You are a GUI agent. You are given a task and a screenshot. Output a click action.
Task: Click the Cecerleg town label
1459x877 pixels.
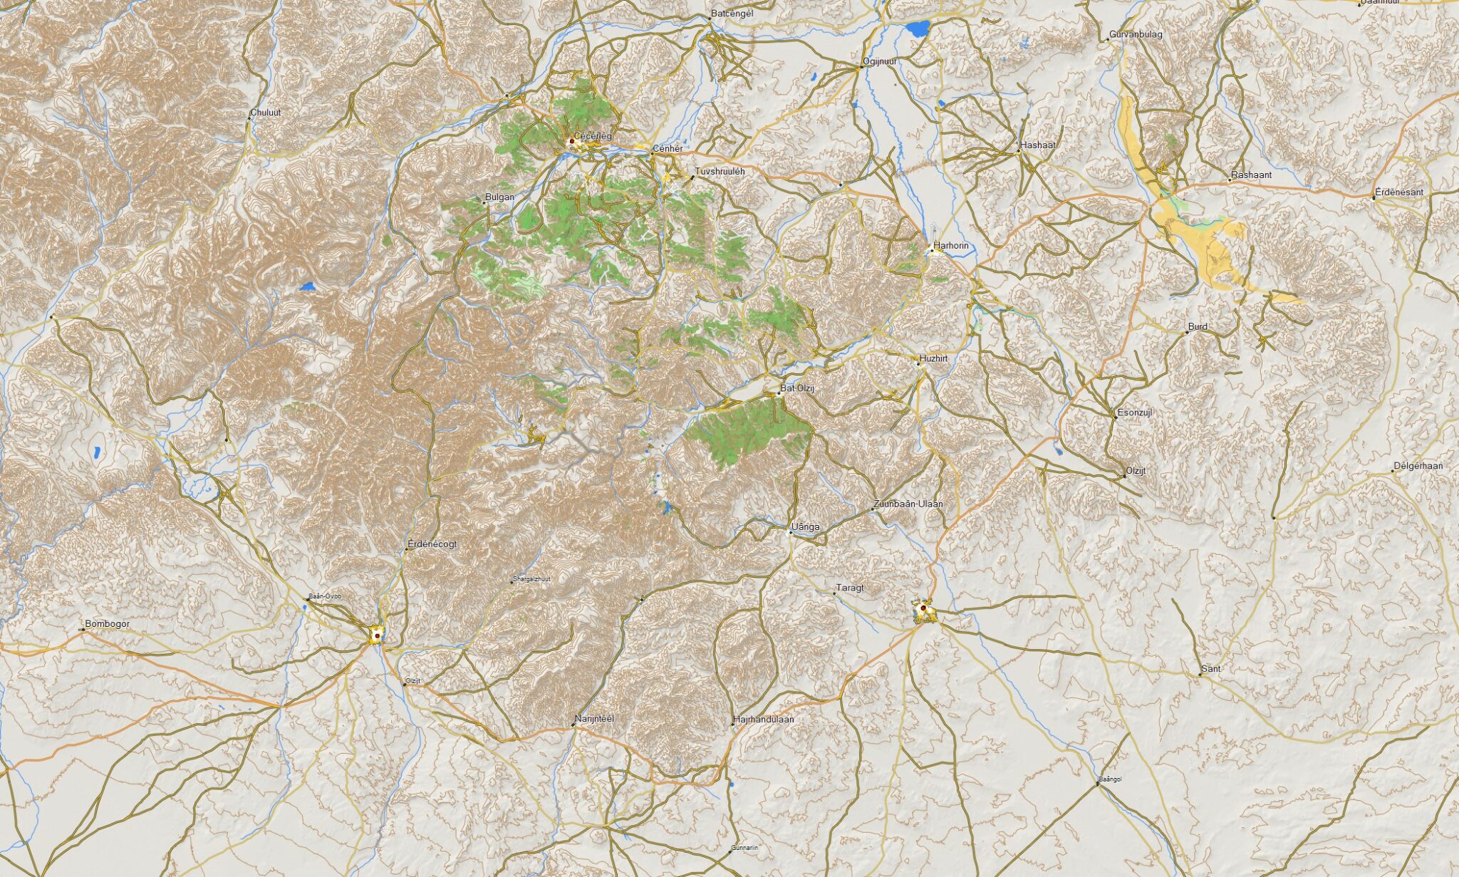pos(593,135)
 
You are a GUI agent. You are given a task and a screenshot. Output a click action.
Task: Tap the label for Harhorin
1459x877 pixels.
pos(951,246)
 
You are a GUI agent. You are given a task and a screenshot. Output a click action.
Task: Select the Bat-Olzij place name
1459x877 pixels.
pos(797,388)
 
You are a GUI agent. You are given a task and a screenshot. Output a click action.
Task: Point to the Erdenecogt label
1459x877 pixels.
pos(432,544)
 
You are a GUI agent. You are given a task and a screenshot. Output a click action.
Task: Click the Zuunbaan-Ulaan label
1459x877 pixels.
pos(908,504)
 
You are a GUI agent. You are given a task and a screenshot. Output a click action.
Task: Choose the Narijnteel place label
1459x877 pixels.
pos(594,719)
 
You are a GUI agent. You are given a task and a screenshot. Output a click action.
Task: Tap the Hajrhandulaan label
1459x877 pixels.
pos(763,720)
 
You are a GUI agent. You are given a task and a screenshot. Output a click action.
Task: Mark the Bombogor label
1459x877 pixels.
pos(108,624)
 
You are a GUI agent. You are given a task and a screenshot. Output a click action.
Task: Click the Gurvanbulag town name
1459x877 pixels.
pos(1136,34)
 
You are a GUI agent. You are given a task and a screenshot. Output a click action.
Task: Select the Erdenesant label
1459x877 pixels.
pos(1399,192)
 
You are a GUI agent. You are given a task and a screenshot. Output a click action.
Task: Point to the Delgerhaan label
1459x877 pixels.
pos(1418,466)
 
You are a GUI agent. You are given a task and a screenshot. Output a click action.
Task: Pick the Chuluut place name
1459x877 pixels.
pos(266,113)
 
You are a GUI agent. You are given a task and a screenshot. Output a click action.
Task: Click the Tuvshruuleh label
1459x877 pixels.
pos(720,172)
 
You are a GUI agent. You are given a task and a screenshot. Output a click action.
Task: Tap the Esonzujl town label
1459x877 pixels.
pos(1135,412)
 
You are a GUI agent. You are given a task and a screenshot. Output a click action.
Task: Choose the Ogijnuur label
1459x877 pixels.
pos(880,62)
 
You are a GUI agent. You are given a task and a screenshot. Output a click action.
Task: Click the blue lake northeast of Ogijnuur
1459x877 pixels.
pos(918,29)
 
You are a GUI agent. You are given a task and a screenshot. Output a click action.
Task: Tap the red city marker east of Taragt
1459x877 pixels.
pos(923,608)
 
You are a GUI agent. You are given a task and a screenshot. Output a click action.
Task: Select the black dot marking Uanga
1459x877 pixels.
pos(790,531)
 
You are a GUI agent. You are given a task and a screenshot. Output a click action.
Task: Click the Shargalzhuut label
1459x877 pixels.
pos(532,579)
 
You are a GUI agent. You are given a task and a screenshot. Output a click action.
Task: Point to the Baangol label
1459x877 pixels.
pos(1111,779)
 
